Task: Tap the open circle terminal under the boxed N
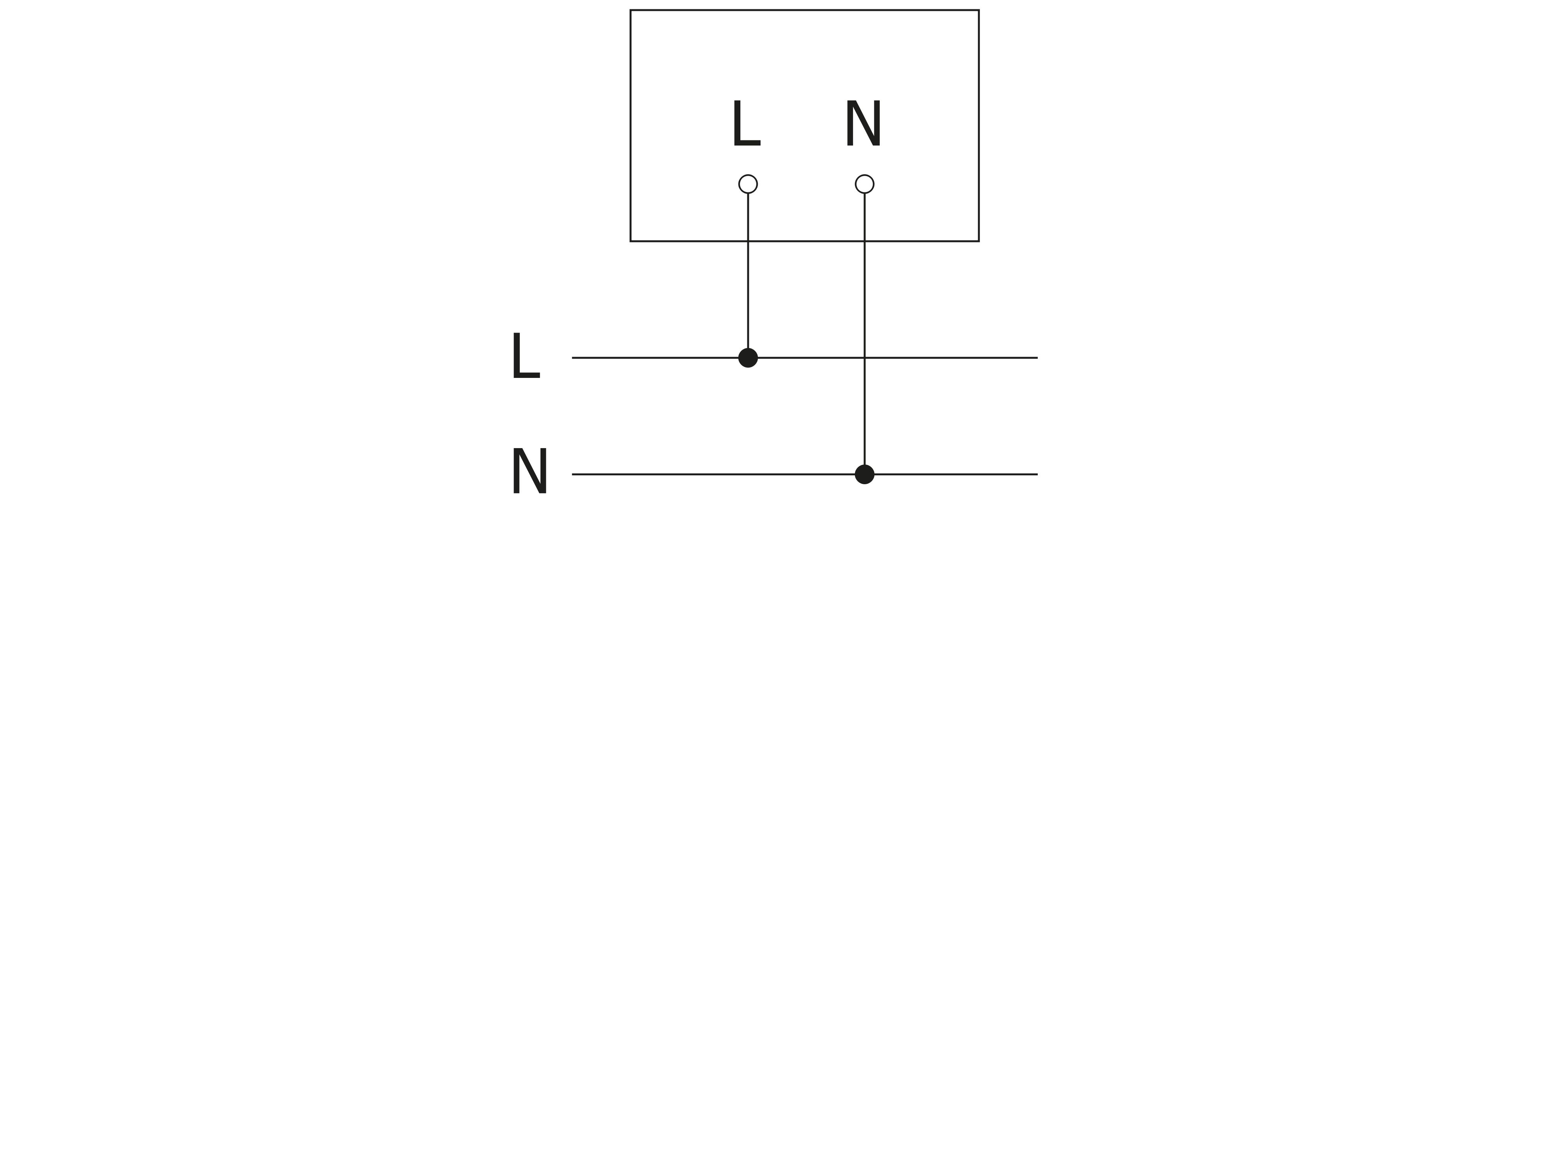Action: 864,184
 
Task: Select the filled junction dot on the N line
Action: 864,474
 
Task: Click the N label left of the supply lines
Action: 529,470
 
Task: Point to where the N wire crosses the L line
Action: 864,358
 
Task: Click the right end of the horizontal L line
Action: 1037,358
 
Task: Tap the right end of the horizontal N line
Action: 1037,474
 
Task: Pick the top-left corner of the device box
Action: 631,10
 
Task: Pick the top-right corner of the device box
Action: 979,10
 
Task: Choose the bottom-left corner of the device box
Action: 631,241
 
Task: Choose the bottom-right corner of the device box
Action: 979,241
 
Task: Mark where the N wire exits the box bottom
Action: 864,241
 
